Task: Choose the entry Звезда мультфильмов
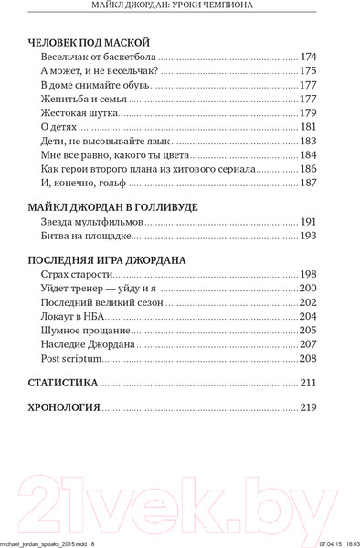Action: (93, 222)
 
